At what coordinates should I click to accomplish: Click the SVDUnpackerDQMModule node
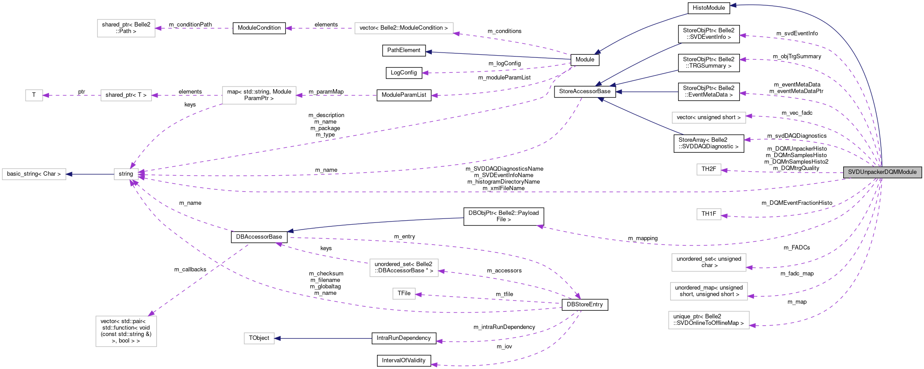click(882, 172)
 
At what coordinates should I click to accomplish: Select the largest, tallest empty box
click(126, 331)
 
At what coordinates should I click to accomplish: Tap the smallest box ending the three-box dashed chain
click(34, 95)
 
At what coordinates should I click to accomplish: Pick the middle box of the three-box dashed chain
click(126, 95)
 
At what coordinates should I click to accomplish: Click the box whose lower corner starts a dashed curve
click(259, 95)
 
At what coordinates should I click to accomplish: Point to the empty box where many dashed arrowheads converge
click(126, 174)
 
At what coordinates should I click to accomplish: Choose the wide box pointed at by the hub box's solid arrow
click(34, 174)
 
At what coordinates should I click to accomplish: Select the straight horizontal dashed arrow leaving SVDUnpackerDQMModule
click(781, 172)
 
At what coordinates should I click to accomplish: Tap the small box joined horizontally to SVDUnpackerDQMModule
click(709, 169)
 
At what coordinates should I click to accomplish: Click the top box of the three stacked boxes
click(709, 263)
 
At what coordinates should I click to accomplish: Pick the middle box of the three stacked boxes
click(709, 291)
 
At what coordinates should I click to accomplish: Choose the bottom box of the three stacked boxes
click(709, 320)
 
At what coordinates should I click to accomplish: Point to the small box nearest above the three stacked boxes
click(709, 214)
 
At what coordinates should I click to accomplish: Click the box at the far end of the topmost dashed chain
click(126, 28)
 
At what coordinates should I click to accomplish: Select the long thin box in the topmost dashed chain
click(404, 28)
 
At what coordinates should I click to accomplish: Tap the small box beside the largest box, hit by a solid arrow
click(259, 338)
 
